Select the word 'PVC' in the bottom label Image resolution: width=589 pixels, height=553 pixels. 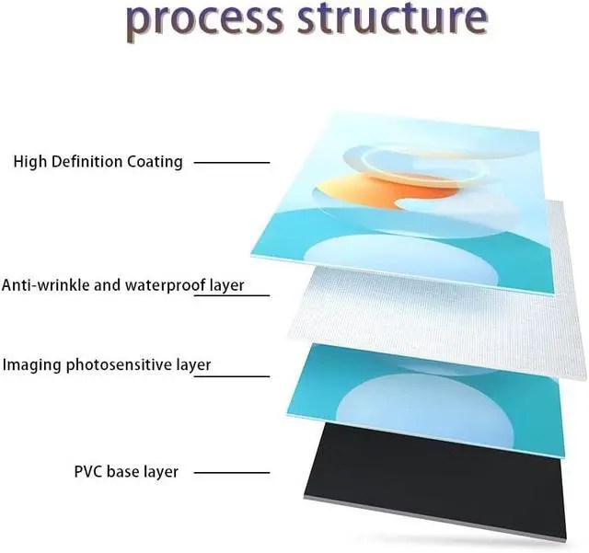click(88, 472)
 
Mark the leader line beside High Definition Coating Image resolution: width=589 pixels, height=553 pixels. click(233, 163)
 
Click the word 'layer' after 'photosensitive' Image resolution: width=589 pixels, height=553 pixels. click(193, 365)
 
